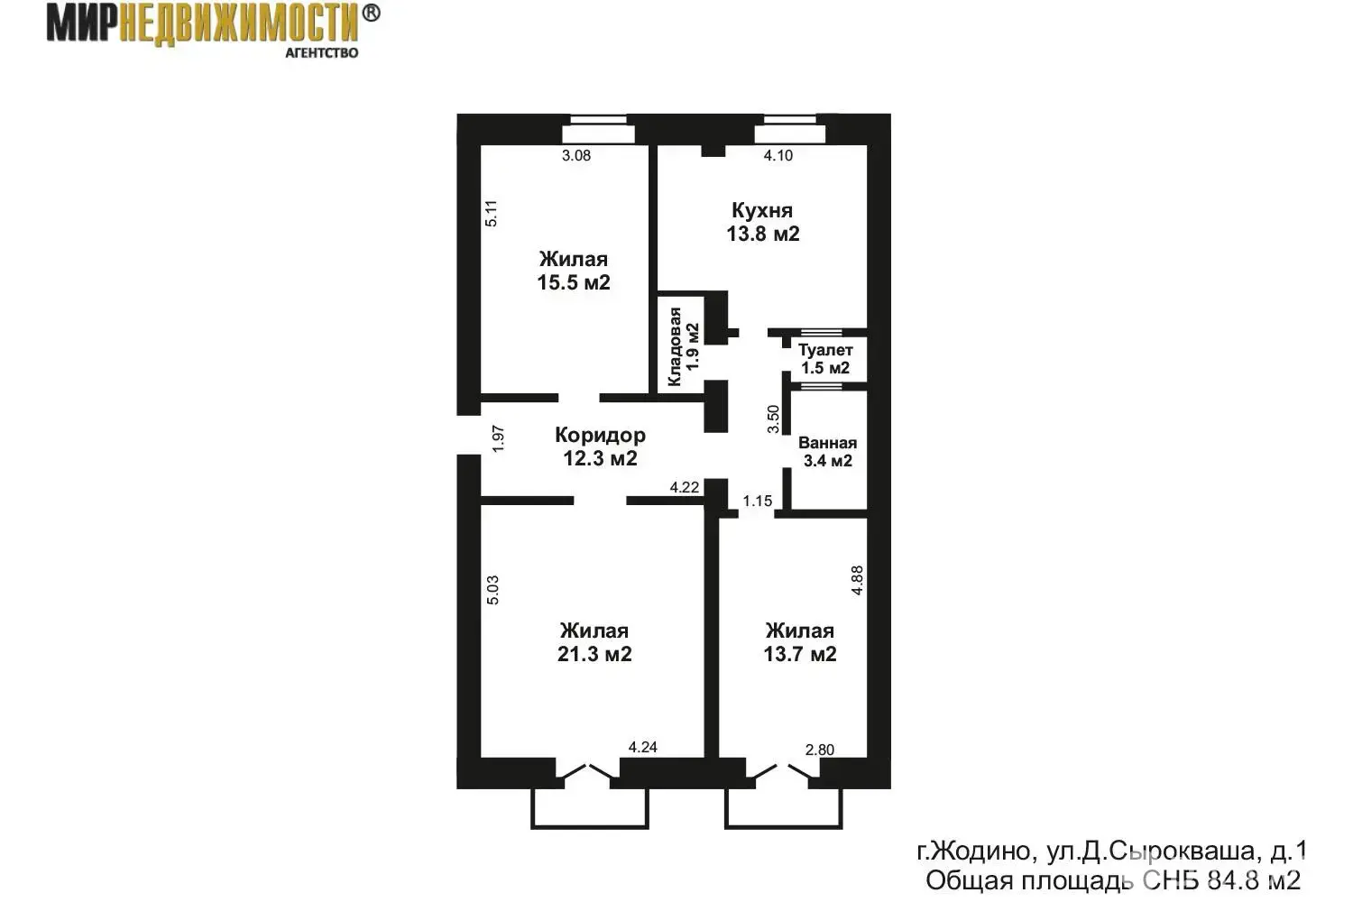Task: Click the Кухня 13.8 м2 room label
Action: (763, 222)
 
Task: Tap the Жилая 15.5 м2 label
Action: (574, 271)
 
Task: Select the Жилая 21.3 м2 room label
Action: (594, 642)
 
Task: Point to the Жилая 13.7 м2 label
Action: (800, 642)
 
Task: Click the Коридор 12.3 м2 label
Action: (601, 446)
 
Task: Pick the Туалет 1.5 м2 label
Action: (825, 359)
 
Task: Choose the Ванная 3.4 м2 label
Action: (827, 451)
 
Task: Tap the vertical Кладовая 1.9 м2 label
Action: (683, 346)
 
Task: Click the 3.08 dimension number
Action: (576, 155)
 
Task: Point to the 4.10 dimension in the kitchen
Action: (778, 155)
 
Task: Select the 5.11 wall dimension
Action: (492, 213)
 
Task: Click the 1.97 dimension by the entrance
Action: (498, 438)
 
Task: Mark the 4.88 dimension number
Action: (857, 581)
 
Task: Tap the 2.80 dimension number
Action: (820, 750)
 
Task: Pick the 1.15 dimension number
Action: (758, 501)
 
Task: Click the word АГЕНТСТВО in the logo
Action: (321, 53)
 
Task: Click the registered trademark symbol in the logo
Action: (371, 14)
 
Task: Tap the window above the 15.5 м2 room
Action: (598, 129)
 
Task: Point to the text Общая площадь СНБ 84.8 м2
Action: (1112, 881)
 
